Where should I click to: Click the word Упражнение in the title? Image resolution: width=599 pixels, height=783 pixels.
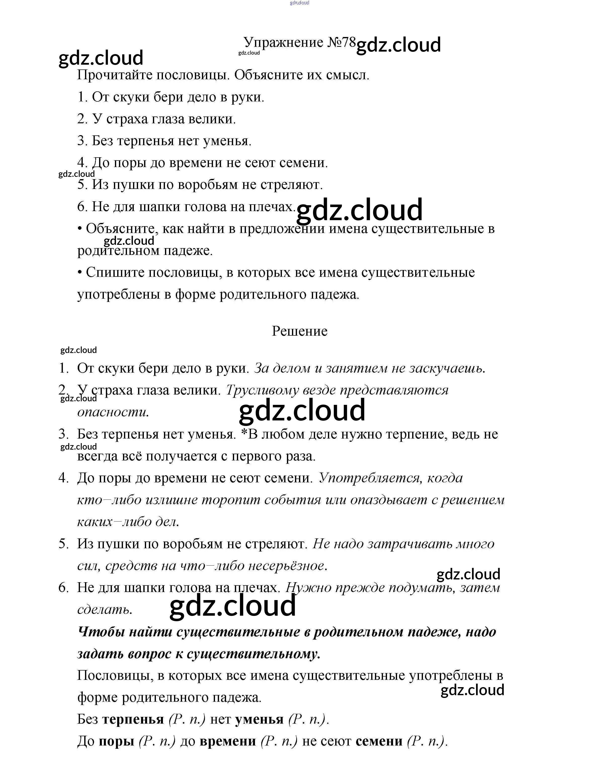point(283,43)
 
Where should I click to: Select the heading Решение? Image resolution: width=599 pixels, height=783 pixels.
point(300,331)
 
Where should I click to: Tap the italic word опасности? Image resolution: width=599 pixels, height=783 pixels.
point(112,412)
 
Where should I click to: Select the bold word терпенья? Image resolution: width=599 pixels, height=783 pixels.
point(133,720)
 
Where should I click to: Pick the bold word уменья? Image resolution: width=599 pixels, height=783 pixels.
point(259,720)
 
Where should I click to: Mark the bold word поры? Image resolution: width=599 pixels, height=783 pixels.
point(116,742)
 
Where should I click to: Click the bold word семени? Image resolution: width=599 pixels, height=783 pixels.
point(379,742)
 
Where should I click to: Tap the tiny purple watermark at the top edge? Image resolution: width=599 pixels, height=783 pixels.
point(300,3)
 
